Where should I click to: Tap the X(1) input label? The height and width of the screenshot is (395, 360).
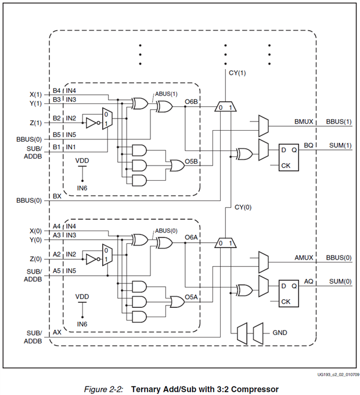(x=35, y=94)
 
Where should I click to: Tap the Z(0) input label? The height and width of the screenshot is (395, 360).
(x=35, y=258)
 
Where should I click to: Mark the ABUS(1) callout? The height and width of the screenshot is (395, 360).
(x=166, y=94)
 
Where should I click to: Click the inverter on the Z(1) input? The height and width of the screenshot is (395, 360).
(x=91, y=123)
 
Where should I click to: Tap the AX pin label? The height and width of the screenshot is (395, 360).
(x=57, y=333)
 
